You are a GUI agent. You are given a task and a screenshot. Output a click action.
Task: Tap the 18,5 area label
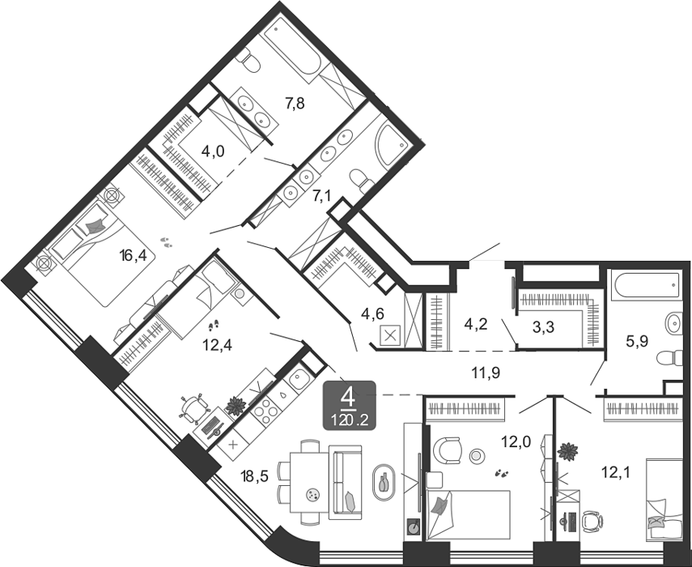(x=254, y=476)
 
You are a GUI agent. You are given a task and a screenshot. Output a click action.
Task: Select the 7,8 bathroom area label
(x=295, y=104)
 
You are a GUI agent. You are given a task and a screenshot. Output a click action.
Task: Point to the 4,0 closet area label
(x=213, y=151)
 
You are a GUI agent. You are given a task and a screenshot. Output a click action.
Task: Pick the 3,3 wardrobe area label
(x=543, y=328)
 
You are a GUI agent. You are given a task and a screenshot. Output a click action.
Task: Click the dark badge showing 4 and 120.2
(x=350, y=405)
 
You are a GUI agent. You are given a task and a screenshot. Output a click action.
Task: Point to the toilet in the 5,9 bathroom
(x=669, y=358)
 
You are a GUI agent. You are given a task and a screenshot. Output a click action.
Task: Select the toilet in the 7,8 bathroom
(x=248, y=61)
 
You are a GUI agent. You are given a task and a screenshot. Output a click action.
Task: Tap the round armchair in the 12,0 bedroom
(x=448, y=450)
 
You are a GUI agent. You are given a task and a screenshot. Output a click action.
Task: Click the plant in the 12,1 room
(x=567, y=451)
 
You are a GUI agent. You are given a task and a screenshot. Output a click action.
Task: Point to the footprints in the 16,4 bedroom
(x=166, y=241)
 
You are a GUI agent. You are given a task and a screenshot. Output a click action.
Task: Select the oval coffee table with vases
(x=384, y=482)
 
